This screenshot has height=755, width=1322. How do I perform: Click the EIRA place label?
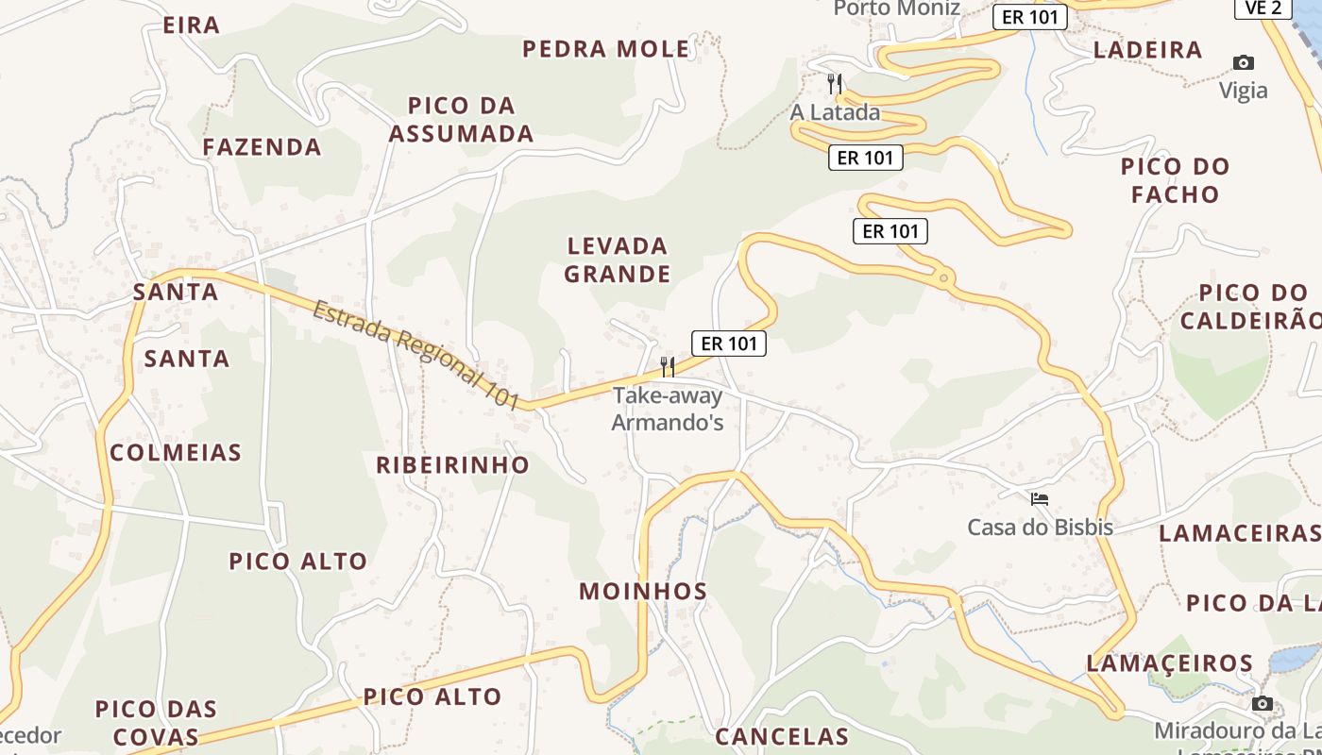(192, 25)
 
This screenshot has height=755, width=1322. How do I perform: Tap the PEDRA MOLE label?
(606, 49)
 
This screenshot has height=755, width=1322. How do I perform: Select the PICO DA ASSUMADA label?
(462, 120)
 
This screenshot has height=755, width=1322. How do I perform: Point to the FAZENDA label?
(263, 147)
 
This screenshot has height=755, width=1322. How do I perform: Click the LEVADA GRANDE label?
(618, 260)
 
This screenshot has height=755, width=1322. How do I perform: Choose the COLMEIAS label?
(176, 453)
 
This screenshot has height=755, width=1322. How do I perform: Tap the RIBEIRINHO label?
(453, 465)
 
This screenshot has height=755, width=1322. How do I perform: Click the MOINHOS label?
(643, 592)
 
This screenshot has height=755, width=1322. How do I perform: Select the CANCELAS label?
(782, 736)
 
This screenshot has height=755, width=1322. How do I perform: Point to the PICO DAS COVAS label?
(156, 723)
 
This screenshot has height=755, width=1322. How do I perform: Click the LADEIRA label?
(1147, 50)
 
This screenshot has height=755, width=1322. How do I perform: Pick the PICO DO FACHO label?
(1176, 180)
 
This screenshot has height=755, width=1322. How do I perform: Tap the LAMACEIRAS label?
(1239, 533)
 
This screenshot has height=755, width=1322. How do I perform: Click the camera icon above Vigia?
(1244, 63)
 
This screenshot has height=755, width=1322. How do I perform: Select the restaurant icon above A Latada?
(835, 84)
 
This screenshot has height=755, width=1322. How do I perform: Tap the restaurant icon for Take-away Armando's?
(668, 366)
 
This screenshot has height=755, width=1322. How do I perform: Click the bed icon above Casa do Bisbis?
(1040, 498)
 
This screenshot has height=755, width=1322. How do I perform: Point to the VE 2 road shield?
(1263, 8)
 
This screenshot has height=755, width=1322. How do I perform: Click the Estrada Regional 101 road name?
(416, 355)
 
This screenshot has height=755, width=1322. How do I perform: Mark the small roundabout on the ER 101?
(942, 277)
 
